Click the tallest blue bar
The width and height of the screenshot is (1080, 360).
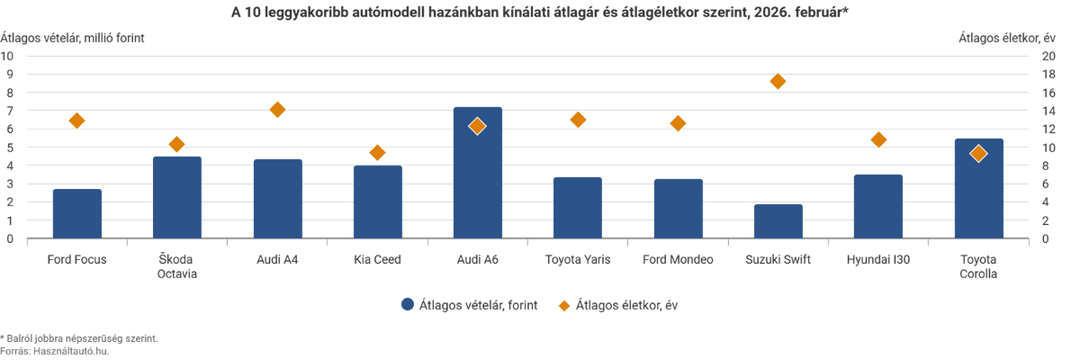point(477,180)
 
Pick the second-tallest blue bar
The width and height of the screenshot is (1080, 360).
point(978,193)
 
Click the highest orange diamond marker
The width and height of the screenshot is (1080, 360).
point(778,81)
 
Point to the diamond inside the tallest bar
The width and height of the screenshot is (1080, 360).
point(477,126)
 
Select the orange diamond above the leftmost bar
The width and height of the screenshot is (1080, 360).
point(76,121)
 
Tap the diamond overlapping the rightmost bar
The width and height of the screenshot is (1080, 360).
point(978,154)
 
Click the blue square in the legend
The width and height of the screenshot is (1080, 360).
point(407,305)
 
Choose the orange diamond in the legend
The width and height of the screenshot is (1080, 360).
point(564,305)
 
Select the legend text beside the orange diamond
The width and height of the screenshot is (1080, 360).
point(627,305)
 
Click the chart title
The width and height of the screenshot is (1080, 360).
point(540,11)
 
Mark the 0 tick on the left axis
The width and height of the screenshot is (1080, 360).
point(11,239)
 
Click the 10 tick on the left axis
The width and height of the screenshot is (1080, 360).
point(11,55)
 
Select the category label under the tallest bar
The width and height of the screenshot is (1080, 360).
point(477,260)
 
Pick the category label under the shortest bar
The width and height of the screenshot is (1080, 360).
point(778,260)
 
